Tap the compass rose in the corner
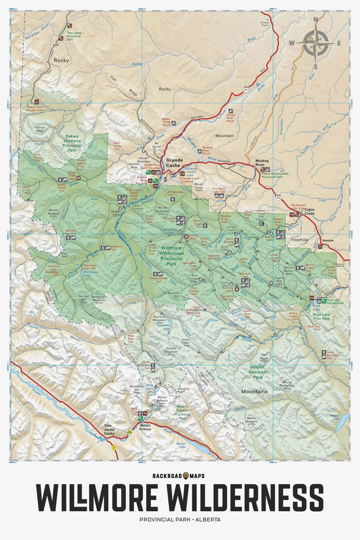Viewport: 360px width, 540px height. click(x=316, y=43)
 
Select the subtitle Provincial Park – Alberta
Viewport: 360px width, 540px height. click(x=179, y=519)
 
